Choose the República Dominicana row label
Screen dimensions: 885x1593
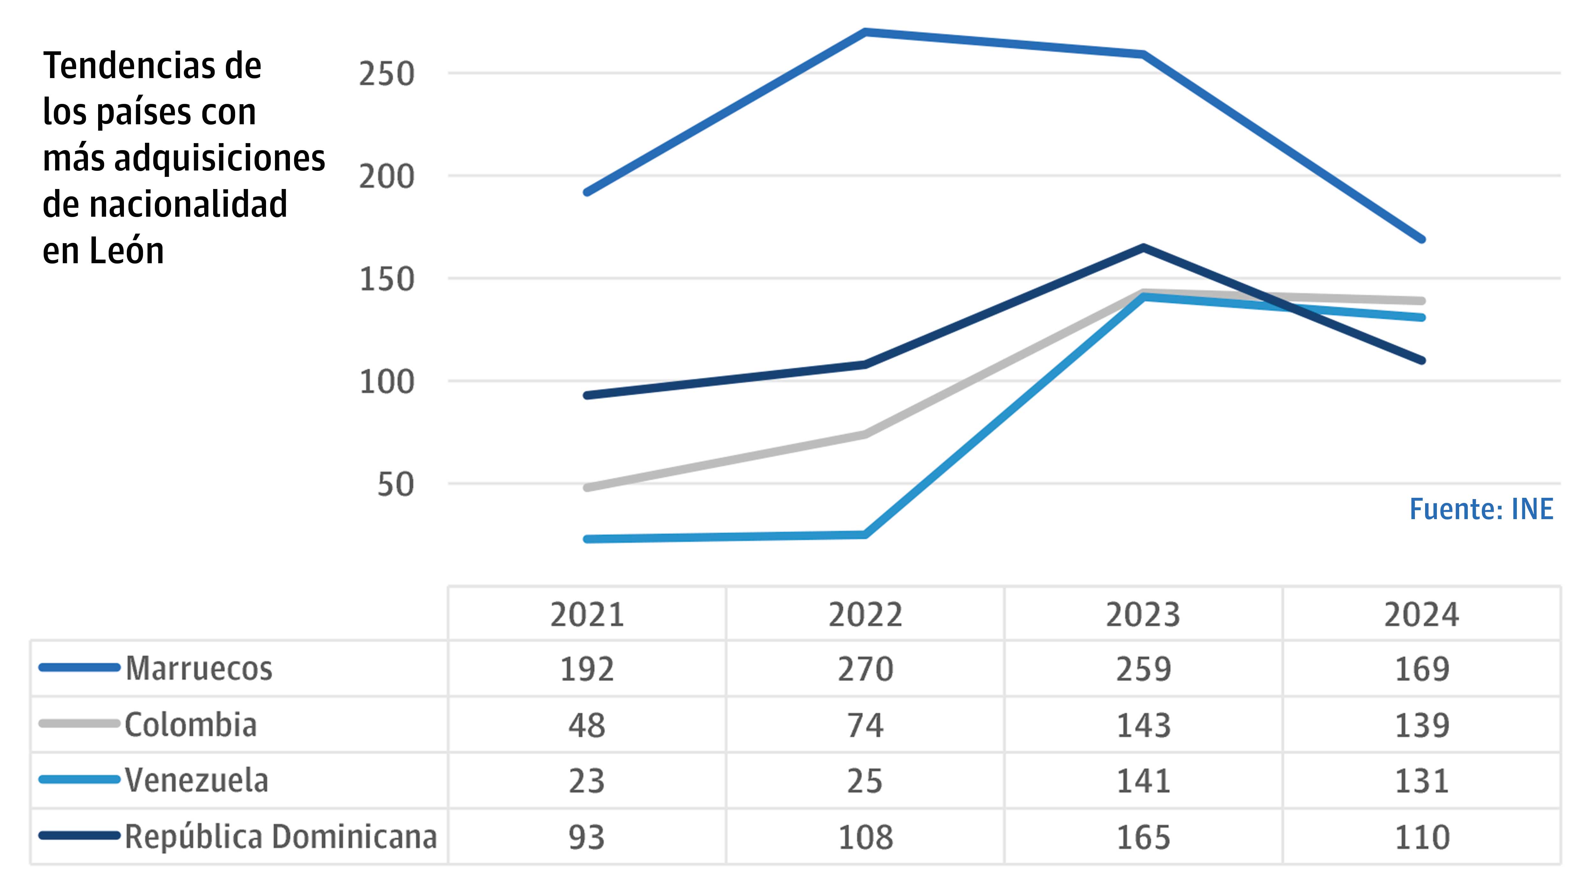coord(281,837)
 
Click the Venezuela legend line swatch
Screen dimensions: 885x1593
coord(79,780)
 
